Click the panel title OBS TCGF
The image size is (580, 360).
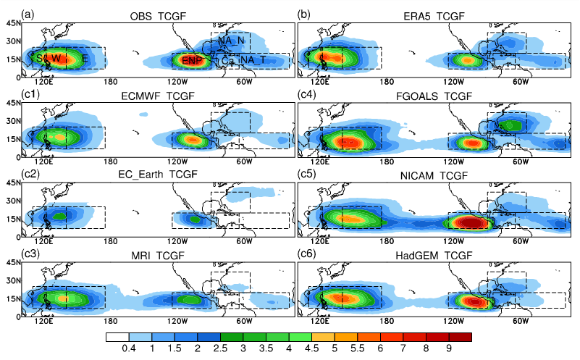click(158, 15)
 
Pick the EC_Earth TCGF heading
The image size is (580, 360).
click(159, 175)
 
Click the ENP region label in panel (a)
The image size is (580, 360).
click(192, 59)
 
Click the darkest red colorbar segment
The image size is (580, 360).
click(463, 337)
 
